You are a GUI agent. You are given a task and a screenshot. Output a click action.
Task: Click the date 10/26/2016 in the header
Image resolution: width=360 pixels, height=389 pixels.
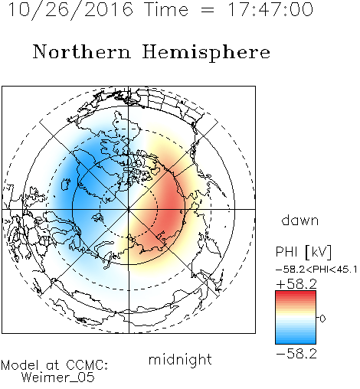[70, 10]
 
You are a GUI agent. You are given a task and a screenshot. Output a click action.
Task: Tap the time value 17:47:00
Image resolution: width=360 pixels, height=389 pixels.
[270, 10]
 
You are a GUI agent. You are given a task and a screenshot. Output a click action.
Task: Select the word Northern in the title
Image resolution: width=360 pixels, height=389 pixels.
[82, 51]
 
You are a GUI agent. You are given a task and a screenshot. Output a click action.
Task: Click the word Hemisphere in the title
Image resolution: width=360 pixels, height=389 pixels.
[206, 53]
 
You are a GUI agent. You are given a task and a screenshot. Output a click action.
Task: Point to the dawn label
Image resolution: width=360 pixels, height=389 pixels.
[300, 220]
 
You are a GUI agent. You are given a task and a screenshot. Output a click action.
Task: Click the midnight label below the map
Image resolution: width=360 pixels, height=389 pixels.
[180, 360]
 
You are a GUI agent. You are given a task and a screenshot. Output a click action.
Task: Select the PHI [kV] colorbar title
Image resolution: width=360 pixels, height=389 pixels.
[304, 252]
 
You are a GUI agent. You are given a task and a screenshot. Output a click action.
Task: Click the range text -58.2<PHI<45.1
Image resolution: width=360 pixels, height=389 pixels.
[316, 270]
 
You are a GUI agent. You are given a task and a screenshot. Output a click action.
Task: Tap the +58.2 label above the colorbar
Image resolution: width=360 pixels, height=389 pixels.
[296, 284]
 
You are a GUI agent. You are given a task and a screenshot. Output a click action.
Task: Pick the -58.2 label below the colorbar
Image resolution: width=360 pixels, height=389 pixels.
[296, 354]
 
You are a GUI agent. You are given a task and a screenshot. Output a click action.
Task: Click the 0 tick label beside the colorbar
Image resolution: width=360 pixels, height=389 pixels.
[322, 319]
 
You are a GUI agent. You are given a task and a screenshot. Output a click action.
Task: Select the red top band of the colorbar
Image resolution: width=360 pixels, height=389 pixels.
[296, 293]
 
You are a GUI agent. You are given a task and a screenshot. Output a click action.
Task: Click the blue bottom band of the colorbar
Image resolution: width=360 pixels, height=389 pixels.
[296, 341]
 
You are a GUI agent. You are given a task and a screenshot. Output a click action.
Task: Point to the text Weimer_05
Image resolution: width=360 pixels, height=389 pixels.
[58, 378]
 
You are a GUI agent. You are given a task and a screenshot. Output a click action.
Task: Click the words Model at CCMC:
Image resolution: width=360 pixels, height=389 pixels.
[54, 365]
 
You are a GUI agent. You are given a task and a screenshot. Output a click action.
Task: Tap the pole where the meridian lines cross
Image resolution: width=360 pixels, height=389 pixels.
[129, 209]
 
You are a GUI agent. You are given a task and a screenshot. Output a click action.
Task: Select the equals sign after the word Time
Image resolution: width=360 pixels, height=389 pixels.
[208, 10]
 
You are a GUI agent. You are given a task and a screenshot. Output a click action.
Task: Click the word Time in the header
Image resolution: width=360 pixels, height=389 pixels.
[166, 10]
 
